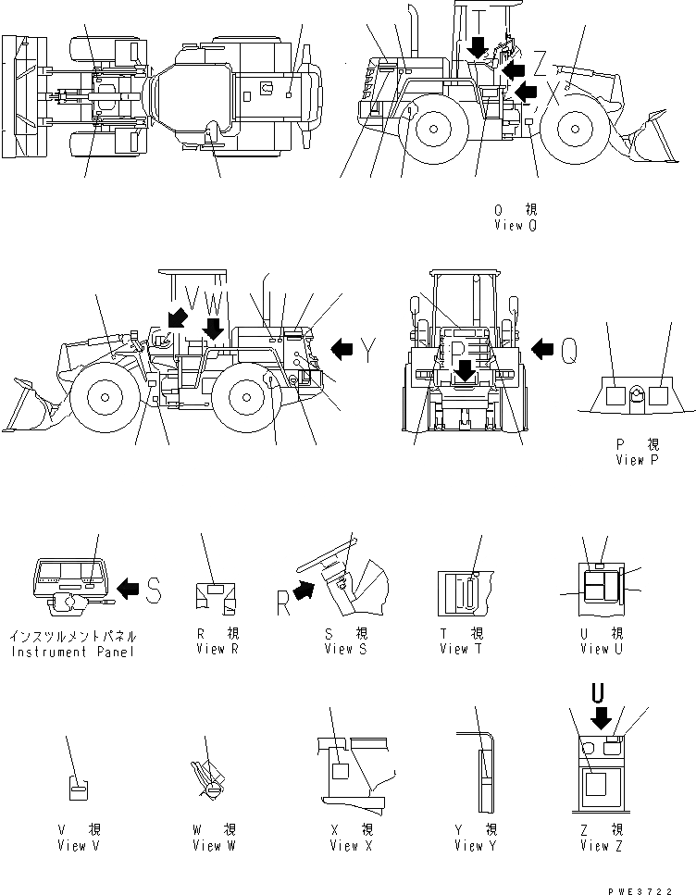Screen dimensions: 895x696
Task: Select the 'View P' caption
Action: (x=635, y=460)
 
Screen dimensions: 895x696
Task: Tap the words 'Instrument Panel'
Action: (x=73, y=652)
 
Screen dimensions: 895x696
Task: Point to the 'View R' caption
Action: (x=217, y=649)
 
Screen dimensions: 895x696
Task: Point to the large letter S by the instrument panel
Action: (x=155, y=588)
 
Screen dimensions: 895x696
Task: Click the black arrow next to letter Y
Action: (x=342, y=349)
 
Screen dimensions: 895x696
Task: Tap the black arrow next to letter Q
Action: (x=542, y=348)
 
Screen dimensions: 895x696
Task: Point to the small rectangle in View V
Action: (x=79, y=789)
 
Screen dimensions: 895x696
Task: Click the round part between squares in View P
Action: (x=634, y=395)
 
